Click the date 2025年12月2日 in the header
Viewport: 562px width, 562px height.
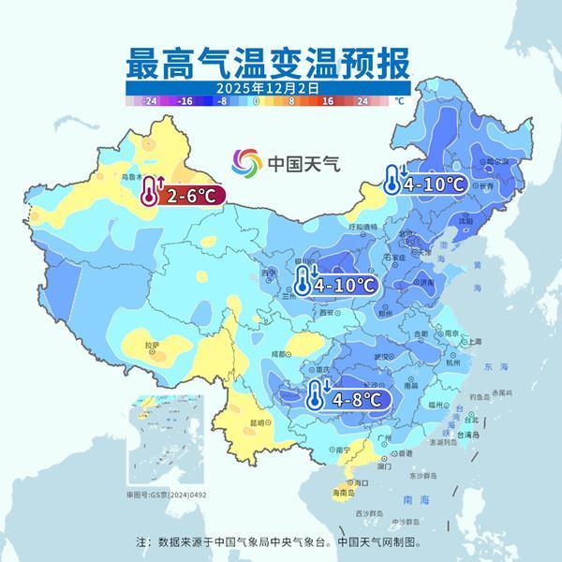(267, 87)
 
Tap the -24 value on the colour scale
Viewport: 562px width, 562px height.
(149, 99)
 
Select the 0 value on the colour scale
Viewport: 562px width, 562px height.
(256, 99)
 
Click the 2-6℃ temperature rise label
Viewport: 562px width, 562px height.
(192, 196)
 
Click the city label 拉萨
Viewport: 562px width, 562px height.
(152, 345)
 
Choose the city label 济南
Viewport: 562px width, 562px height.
(427, 281)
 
